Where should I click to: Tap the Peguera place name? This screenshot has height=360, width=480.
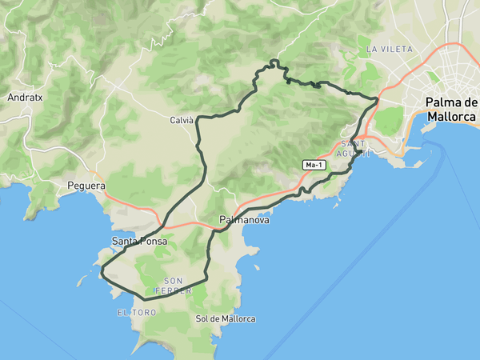click(x=86, y=186)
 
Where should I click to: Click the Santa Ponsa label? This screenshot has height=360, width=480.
click(x=139, y=240)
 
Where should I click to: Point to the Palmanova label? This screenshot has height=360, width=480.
click(x=242, y=218)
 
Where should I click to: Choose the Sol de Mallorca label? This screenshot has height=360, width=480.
click(x=226, y=318)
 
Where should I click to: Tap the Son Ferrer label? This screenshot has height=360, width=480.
click(x=178, y=285)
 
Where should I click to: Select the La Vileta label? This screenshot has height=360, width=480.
click(x=390, y=49)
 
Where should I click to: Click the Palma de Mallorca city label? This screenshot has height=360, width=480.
click(x=451, y=109)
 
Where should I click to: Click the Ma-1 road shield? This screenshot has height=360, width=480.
click(x=314, y=165)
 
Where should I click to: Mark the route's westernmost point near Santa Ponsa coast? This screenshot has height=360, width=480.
click(x=102, y=274)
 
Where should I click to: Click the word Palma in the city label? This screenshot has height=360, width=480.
click(x=442, y=102)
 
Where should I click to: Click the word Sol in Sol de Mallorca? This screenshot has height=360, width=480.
click(x=202, y=318)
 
